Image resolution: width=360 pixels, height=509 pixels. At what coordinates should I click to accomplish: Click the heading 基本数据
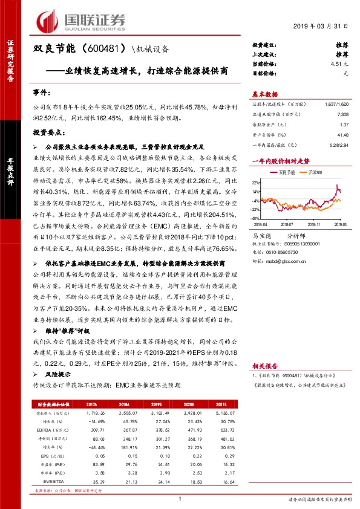click(264, 94)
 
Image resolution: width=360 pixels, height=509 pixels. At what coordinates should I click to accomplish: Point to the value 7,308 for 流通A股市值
click(342, 114)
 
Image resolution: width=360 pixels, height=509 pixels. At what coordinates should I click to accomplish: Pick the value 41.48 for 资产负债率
click(342, 134)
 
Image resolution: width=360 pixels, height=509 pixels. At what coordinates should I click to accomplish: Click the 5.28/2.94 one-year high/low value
click(339, 144)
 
